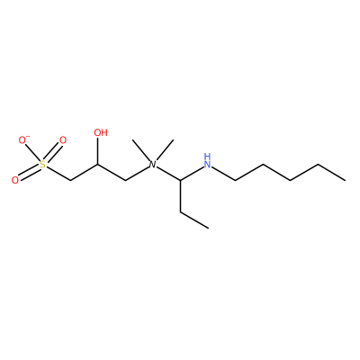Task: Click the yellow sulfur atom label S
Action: coord(43,165)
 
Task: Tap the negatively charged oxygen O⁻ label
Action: coord(23,140)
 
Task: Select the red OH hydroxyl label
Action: coord(101,132)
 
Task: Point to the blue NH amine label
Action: coord(207,160)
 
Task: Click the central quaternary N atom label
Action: coord(153,165)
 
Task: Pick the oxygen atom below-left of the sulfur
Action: coord(15,180)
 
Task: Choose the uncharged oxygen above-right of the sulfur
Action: coord(62,140)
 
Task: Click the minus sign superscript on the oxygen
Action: coord(28,137)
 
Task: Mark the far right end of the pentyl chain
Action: coord(346,180)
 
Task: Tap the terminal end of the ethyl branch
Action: coord(208,228)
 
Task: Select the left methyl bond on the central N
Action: coord(141,150)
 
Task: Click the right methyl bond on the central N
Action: coord(165,150)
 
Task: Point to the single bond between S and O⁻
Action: coord(32,153)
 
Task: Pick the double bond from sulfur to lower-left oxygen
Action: coord(29,173)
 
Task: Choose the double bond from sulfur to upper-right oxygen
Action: coord(53,152)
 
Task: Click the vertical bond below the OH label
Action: coord(98,151)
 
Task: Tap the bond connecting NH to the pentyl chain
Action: coord(223,174)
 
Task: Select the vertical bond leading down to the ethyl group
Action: coord(180,196)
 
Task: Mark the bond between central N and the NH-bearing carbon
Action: coord(168,174)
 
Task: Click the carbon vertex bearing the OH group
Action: coord(98,164)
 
